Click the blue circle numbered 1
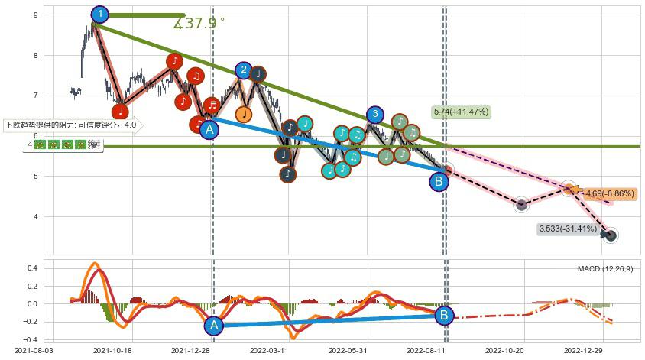coord(99,14)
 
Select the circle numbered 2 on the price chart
coord(244,71)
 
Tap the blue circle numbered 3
coord(374,115)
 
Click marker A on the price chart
coord(209,129)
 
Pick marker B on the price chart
coord(439,181)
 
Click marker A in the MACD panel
coord(213,326)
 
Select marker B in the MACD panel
coord(443,314)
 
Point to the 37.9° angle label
coord(199,23)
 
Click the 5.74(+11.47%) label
coord(461,112)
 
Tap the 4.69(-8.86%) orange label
coord(609,194)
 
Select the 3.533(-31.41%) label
coord(567,228)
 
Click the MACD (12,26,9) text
coord(605,269)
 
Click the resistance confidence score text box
coord(71,125)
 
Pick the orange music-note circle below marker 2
coord(243,115)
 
